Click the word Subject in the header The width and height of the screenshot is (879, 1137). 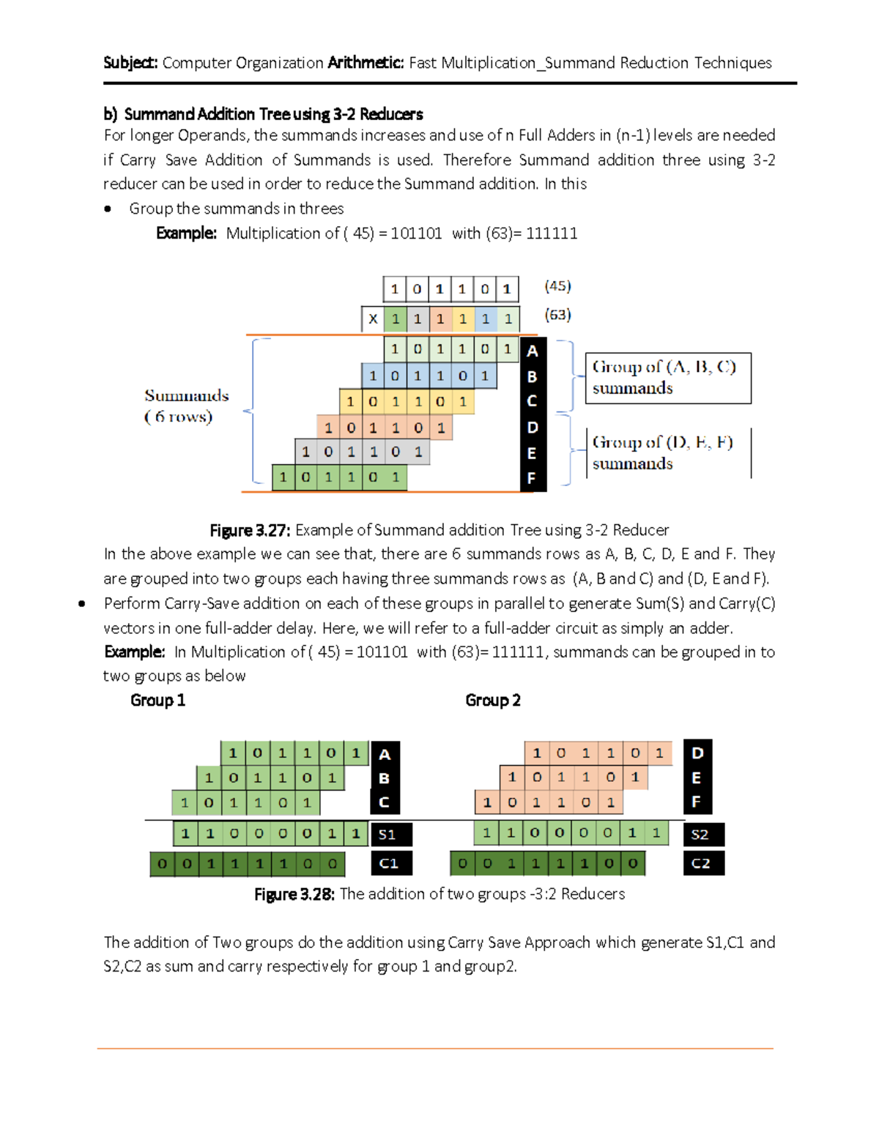[x=130, y=63]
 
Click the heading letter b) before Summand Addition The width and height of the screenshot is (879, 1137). [x=110, y=114]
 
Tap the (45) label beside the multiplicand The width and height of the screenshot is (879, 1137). [x=557, y=286]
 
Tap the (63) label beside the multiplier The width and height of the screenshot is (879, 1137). [x=557, y=315]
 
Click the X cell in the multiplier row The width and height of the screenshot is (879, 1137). [x=373, y=319]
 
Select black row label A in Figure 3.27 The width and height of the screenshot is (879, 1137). [x=533, y=351]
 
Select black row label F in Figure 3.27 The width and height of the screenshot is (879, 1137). [x=532, y=479]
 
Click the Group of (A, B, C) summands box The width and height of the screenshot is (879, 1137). [x=667, y=378]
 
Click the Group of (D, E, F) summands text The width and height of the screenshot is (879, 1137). [x=662, y=453]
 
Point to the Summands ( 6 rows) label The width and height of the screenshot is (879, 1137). [x=186, y=406]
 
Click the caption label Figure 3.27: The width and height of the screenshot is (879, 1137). [x=250, y=530]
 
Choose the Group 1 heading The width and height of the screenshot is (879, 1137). [x=157, y=701]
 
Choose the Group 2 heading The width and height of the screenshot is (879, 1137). [x=493, y=701]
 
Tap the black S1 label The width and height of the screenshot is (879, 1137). [x=387, y=835]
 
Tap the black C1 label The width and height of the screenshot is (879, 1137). [x=389, y=863]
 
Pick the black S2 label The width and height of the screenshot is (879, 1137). [x=700, y=835]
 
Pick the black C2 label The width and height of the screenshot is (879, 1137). [x=701, y=863]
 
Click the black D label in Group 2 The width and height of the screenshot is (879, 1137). [x=697, y=753]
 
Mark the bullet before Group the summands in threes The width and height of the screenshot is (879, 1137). [x=108, y=209]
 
